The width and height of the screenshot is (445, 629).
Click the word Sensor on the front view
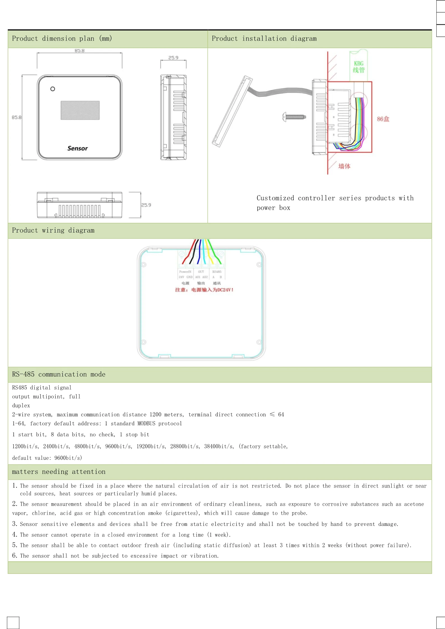[77, 148]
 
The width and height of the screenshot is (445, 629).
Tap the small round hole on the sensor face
[52, 89]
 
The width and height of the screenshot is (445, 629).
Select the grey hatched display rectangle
[80, 110]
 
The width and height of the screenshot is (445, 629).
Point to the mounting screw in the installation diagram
[294, 117]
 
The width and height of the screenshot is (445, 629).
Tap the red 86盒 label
[383, 119]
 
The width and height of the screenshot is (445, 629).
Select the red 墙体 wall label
[344, 166]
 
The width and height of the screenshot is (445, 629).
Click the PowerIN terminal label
[185, 271]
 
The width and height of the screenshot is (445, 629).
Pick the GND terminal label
[189, 277]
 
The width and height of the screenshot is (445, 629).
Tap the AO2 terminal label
[205, 277]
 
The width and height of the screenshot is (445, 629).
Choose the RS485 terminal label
[217, 271]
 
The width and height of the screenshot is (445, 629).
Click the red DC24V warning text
[204, 290]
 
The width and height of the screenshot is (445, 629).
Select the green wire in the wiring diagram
[215, 252]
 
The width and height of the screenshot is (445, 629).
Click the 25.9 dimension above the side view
[173, 58]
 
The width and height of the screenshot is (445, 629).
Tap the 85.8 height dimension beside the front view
[17, 117]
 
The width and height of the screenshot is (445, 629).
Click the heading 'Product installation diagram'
[264, 39]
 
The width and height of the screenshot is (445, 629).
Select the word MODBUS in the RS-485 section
[146, 423]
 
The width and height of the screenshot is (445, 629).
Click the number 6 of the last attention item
[14, 555]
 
